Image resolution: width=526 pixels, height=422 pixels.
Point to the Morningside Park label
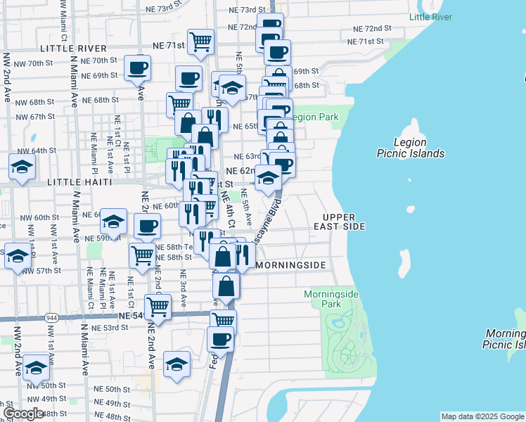[323, 299]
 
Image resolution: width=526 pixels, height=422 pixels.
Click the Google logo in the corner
[24, 414]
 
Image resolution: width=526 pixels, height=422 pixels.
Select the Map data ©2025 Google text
[482, 416]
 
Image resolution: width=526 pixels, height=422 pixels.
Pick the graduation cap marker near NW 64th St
[23, 168]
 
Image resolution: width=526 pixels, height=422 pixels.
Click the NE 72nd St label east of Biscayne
[372, 29]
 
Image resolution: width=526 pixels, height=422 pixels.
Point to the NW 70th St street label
[34, 63]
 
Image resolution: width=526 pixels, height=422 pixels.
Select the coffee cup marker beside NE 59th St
[147, 226]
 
